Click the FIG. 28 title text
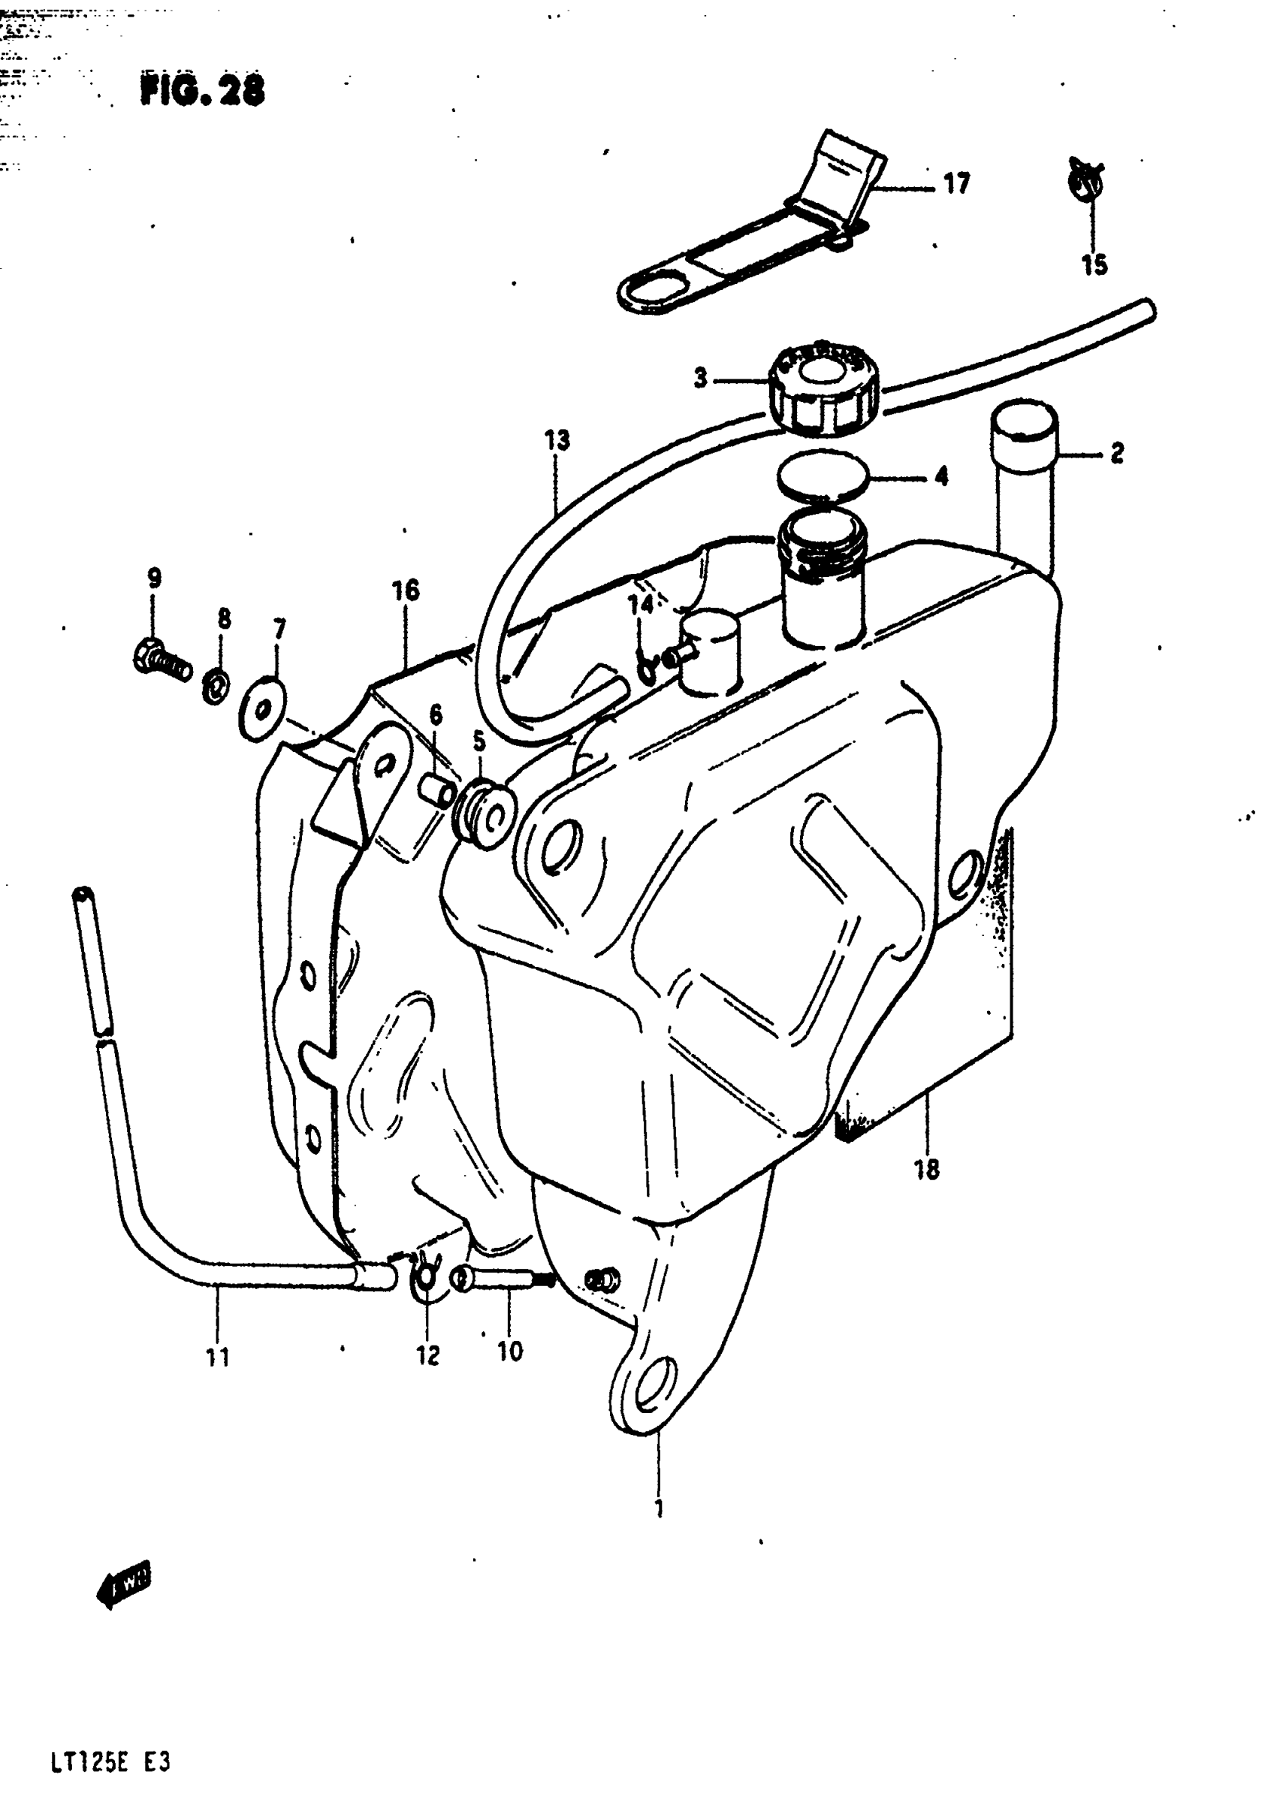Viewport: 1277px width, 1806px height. pyautogui.click(x=202, y=90)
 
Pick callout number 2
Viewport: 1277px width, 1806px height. pyautogui.click(x=1116, y=453)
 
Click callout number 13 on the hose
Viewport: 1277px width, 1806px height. pyautogui.click(x=557, y=439)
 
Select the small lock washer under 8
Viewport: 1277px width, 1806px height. pyautogui.click(x=216, y=686)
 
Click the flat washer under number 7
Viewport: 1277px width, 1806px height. pyautogui.click(x=261, y=708)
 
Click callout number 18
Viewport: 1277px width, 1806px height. pyautogui.click(x=927, y=1169)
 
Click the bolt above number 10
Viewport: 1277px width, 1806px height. pyautogui.click(x=503, y=1278)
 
